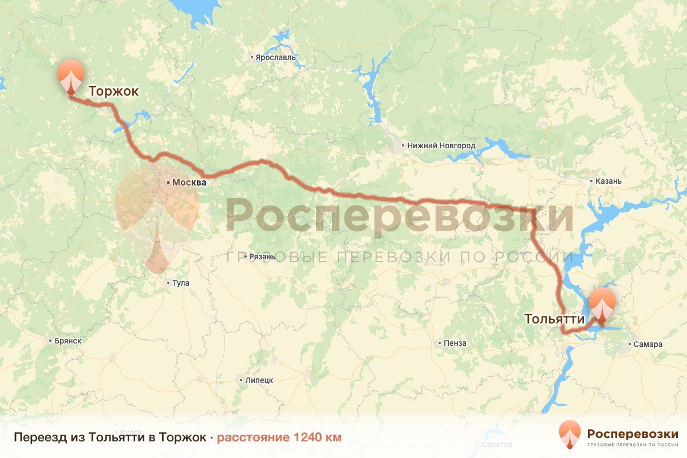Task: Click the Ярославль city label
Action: point(275,57)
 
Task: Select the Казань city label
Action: point(608,181)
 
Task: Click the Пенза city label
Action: point(455,343)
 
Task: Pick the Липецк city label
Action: point(258,380)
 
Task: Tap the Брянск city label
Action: point(68,340)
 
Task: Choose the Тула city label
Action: point(180,283)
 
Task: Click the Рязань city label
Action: point(262,256)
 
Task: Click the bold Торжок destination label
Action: point(113,91)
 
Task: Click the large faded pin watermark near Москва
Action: point(156,218)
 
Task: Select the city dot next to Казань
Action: point(591,181)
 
